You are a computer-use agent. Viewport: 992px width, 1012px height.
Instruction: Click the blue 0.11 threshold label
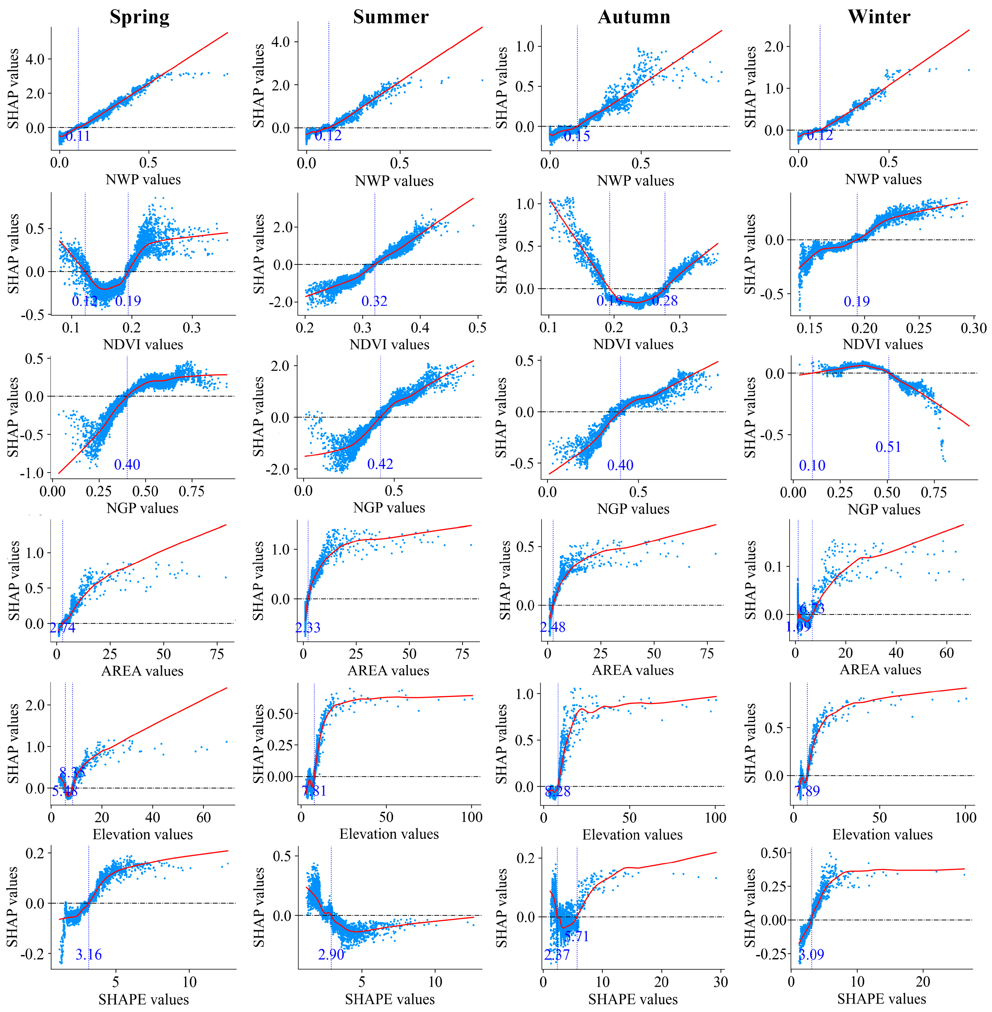[78, 137]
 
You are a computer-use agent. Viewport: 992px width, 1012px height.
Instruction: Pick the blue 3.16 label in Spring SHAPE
[89, 955]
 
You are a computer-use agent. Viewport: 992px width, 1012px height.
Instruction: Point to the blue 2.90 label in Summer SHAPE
[331, 955]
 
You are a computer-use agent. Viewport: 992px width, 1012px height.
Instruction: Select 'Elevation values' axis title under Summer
[389, 834]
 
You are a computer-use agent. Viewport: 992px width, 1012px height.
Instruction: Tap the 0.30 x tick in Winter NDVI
[973, 329]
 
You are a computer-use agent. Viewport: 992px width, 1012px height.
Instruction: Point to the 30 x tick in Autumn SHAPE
[721, 982]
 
